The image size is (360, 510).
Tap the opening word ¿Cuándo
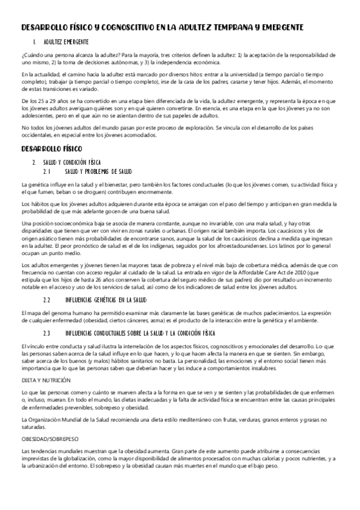(31, 55)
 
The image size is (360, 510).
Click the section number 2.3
(48, 332)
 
